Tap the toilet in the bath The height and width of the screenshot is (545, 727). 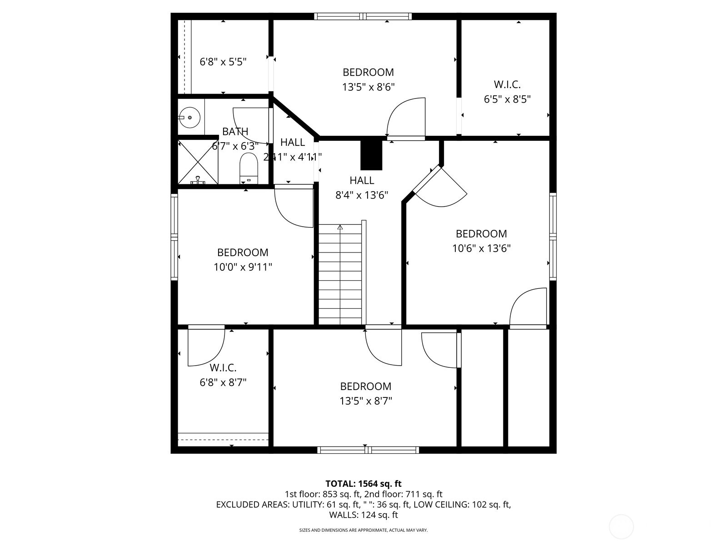pos(249,168)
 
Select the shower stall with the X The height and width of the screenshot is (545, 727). pos(198,162)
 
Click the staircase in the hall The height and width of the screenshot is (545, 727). pos(340,275)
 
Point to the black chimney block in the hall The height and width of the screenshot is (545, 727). pos(372,154)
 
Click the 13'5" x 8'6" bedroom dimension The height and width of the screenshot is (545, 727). pos(368,87)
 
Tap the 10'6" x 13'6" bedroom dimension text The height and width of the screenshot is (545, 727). pos(481,248)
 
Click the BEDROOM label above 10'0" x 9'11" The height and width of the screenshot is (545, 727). pos(243,253)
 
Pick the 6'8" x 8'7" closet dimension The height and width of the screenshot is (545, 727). pos(223,382)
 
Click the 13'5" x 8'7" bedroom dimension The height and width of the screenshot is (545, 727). pos(365,401)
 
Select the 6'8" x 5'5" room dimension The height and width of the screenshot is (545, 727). pos(223,62)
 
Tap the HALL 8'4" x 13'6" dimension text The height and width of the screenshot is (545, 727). pos(362,195)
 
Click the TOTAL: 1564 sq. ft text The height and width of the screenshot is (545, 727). pos(363,484)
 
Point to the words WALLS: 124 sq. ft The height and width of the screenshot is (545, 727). pos(363,515)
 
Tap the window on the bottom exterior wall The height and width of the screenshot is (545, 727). pos(368,450)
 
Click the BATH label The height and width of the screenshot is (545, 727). pos(235,132)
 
